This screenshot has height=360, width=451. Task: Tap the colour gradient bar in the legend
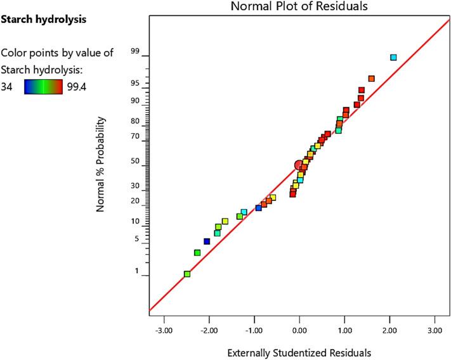tap(44, 87)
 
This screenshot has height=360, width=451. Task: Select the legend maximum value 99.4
tap(77, 87)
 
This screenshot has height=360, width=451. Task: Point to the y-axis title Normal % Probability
tap(101, 164)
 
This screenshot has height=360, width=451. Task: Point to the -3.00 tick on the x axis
tap(164, 330)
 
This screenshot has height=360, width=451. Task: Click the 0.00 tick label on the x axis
tap(299, 330)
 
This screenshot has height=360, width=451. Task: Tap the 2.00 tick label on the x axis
tap(389, 330)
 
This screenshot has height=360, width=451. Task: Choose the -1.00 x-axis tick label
tap(254, 330)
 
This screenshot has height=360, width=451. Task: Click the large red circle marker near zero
tap(299, 165)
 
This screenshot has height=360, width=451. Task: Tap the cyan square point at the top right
tap(393, 58)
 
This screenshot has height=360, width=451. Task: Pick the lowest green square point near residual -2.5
tap(187, 274)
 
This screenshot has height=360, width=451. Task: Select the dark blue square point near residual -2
tap(207, 241)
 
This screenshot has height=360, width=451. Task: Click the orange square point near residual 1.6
tap(372, 79)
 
